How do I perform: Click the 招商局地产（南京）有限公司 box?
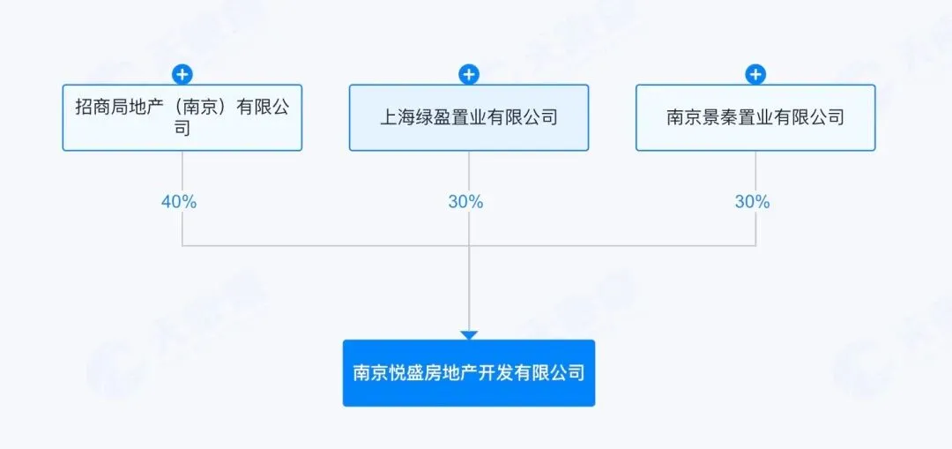pyautogui.click(x=182, y=117)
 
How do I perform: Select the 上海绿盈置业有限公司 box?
pyautogui.click(x=468, y=117)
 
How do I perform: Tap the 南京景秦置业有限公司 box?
pyautogui.click(x=755, y=117)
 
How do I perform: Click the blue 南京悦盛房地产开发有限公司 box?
pyautogui.click(x=468, y=373)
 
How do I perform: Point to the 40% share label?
pyautogui.click(x=179, y=202)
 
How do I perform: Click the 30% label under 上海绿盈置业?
pyautogui.click(x=465, y=202)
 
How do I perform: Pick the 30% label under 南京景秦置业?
pyautogui.click(x=752, y=202)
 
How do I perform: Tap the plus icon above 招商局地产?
pyautogui.click(x=182, y=74)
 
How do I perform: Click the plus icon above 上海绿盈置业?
pyautogui.click(x=469, y=74)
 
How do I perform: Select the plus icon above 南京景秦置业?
pyautogui.click(x=755, y=74)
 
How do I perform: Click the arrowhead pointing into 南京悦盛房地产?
pyautogui.click(x=469, y=335)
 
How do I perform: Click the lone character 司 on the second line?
pyautogui.click(x=182, y=128)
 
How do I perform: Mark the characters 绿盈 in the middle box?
pyautogui.click(x=434, y=117)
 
